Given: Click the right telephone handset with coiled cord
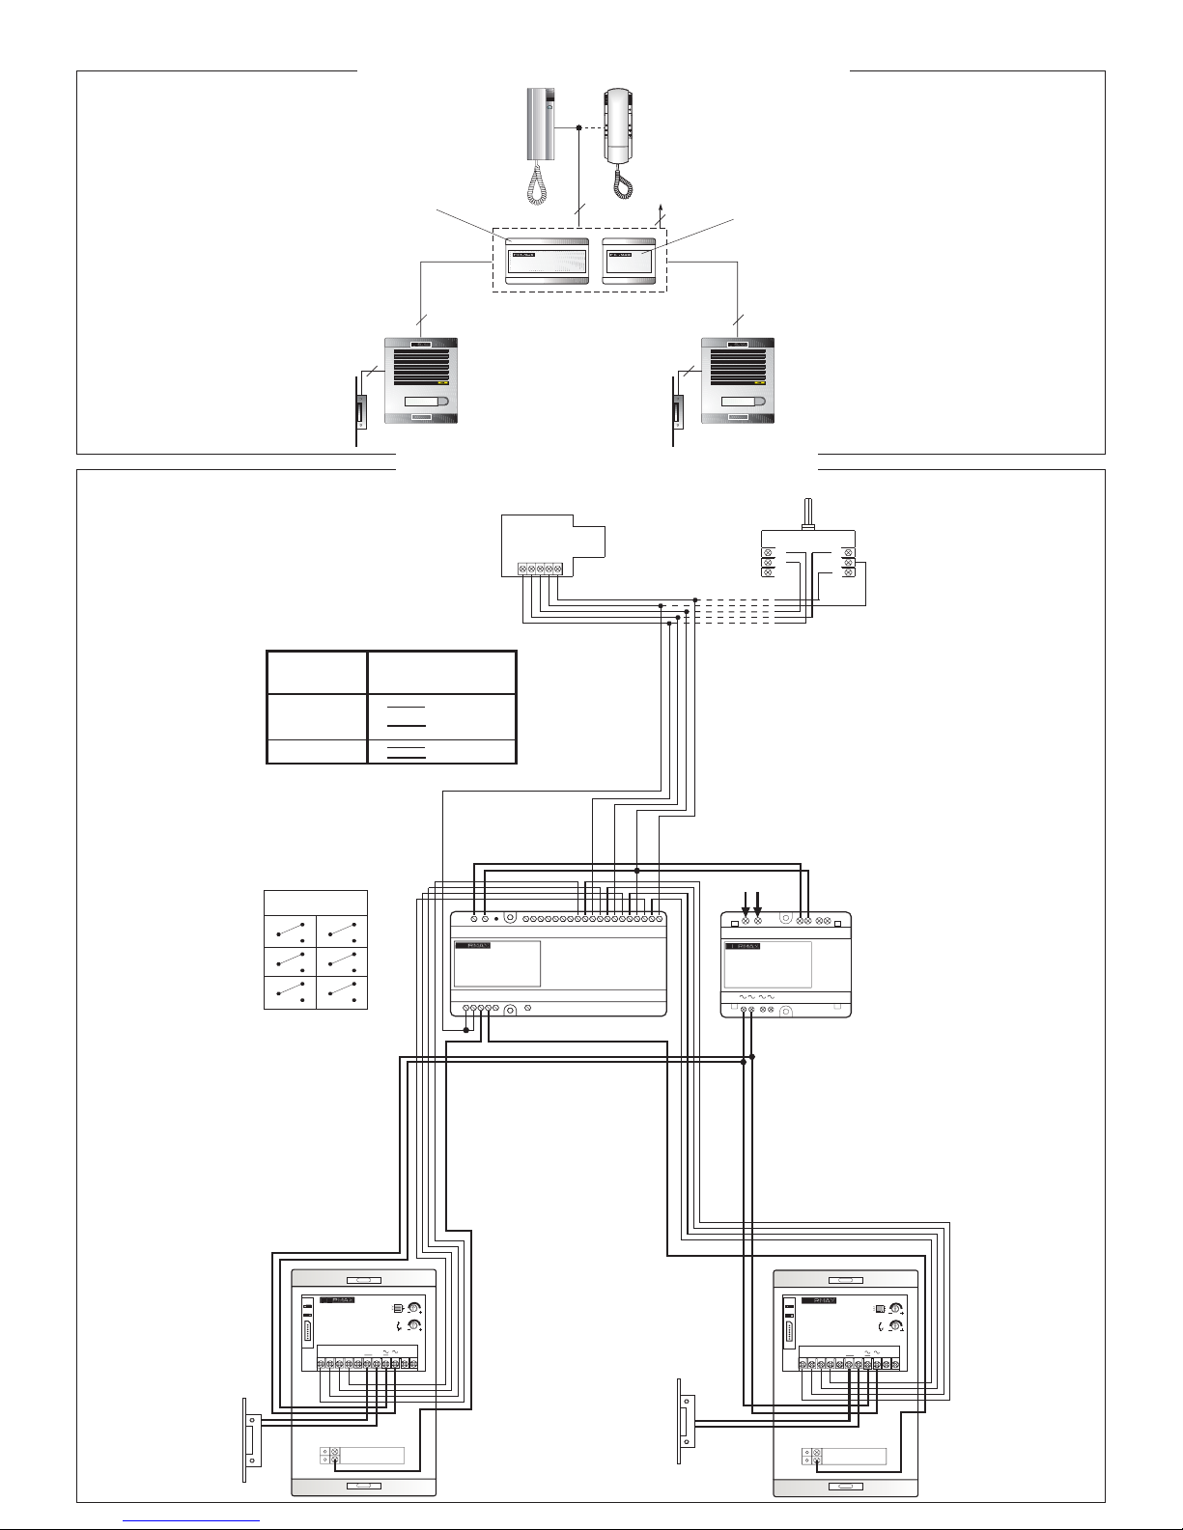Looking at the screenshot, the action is [618, 125].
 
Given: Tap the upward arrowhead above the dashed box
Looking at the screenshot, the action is [661, 209].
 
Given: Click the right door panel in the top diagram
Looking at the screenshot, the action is [738, 380].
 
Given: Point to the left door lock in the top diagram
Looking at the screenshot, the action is [360, 412].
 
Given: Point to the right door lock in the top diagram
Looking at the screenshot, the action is [678, 412].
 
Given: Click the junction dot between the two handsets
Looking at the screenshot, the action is [578, 127].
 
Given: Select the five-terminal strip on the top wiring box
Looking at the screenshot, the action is [539, 570].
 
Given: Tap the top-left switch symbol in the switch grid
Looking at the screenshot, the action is [290, 932].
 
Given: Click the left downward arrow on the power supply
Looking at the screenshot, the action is [745, 905].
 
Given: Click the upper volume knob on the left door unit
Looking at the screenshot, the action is [415, 1309].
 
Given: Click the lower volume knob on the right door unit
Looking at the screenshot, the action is [897, 1326].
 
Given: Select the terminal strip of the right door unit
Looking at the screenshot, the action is [851, 1363].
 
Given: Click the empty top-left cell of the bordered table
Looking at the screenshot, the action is [317, 672].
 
